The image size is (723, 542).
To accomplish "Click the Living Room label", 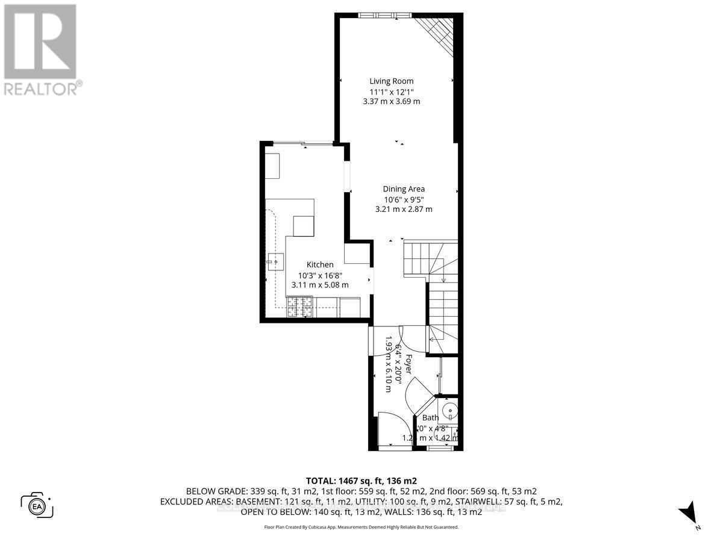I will coord(391,81).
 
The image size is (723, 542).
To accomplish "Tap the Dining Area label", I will coord(404,188).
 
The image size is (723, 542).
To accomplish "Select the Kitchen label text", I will coord(320,264).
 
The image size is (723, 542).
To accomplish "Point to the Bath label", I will coord(430,417).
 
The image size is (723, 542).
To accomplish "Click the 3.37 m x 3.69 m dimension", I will coord(391,102).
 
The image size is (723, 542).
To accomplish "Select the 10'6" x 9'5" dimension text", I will coord(404,199).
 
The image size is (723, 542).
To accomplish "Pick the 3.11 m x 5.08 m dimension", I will coord(320,285).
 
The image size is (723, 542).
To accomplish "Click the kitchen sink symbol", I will coord(275,261).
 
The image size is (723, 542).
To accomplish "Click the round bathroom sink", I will coord(449,412).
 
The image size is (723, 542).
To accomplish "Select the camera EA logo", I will coord(37,504).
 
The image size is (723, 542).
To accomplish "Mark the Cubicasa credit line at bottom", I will coord(361,527).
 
